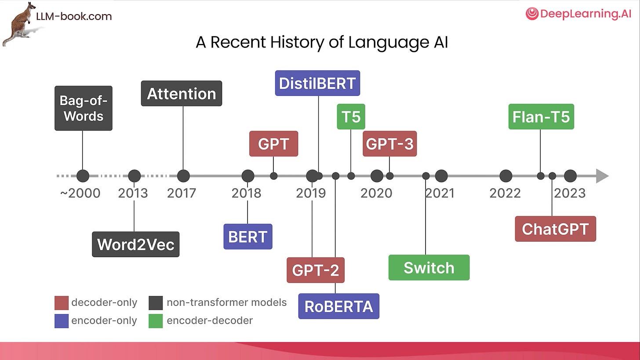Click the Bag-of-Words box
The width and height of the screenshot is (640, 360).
point(84,108)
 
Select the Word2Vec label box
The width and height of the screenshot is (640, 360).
point(135,244)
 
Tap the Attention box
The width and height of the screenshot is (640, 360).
point(181,93)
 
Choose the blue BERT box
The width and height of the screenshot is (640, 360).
point(247,236)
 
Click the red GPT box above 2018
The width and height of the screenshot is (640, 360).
point(273,144)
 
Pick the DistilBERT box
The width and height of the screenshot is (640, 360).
point(317,83)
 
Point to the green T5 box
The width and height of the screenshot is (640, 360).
point(351,117)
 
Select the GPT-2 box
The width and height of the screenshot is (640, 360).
point(315,270)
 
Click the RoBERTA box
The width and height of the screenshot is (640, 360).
point(338,306)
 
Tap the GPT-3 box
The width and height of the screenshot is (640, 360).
point(389,144)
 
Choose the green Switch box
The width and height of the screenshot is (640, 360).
point(429,267)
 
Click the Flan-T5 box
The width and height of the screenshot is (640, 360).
point(541,117)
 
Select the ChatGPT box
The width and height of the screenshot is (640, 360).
point(555,229)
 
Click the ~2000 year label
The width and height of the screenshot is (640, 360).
point(80,193)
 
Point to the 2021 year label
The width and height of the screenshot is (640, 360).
point(440,193)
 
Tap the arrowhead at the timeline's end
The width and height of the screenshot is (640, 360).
point(602,176)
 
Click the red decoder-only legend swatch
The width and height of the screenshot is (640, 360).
point(62,303)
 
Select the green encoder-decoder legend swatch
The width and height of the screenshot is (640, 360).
point(156,321)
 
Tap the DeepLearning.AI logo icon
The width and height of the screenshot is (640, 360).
point(532,14)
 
